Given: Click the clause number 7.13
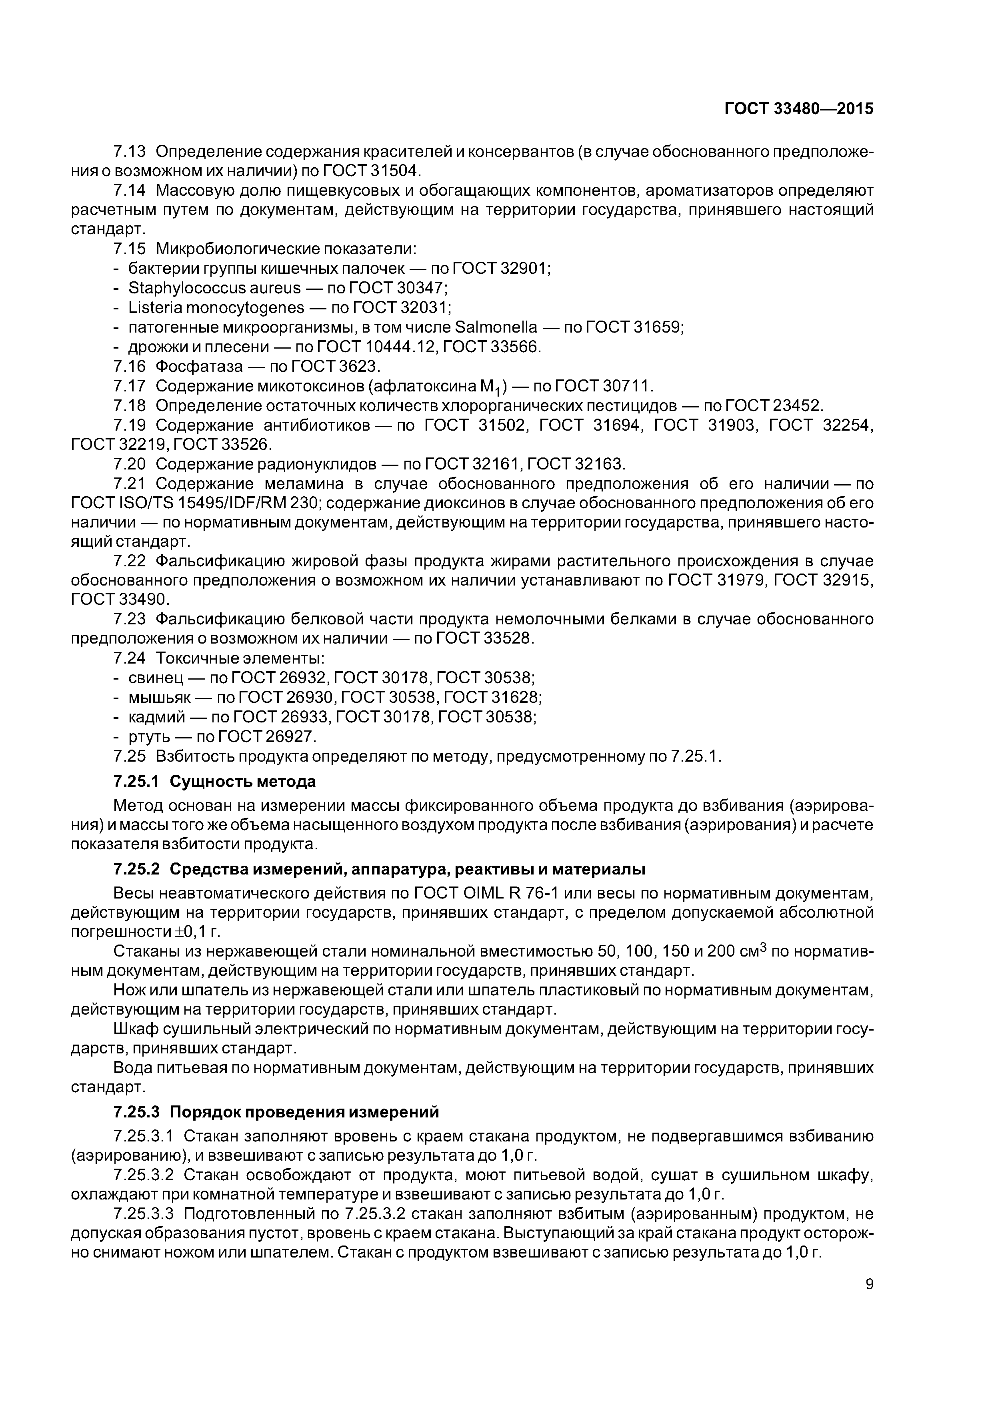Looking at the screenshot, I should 130,152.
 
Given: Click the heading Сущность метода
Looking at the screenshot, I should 243,782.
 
